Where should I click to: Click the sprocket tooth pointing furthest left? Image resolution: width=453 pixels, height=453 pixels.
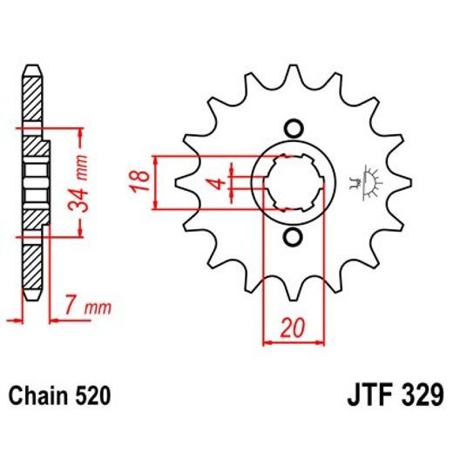click(184, 183)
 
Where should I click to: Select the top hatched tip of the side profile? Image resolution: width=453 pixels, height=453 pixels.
click(31, 96)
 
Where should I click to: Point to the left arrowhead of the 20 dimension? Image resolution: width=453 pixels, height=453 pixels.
click(267, 341)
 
